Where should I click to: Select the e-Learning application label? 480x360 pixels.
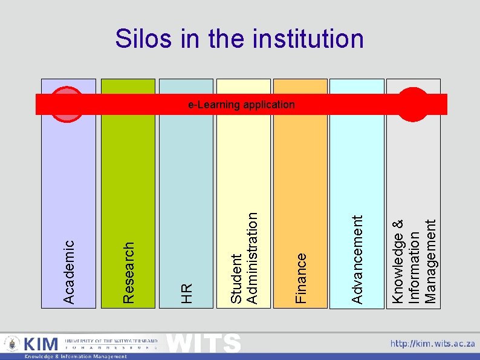click(241, 105)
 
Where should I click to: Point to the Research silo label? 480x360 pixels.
click(128, 272)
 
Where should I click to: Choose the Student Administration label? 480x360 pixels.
click(245, 257)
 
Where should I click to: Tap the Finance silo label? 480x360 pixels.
click(300, 278)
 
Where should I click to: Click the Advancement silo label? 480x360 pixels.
click(357, 260)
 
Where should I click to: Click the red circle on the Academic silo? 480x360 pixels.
click(66, 105)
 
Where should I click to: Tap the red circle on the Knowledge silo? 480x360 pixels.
click(414, 105)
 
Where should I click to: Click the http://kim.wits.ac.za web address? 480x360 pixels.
click(432, 344)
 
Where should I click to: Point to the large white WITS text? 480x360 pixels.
click(203, 342)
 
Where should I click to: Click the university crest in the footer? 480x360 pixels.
click(11, 344)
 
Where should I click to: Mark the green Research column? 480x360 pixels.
click(128, 182)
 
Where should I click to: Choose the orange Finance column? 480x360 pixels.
click(300, 182)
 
